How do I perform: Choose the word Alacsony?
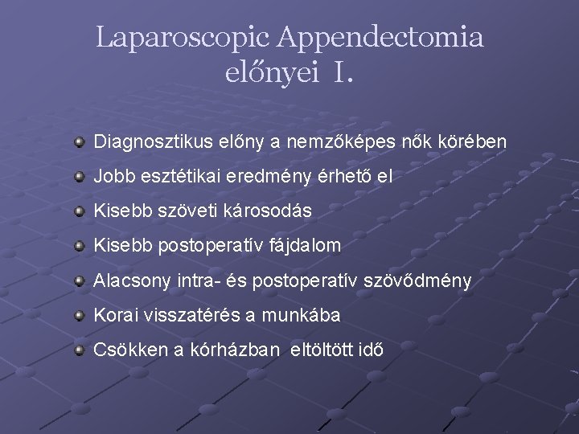[x=132, y=280]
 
